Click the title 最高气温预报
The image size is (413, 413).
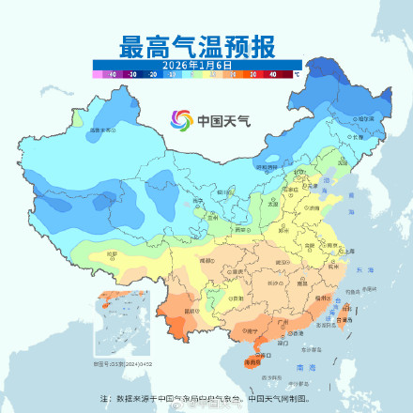pos(206,45)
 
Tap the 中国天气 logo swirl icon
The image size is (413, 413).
pos(181,121)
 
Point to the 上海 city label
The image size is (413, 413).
pos(349,252)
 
